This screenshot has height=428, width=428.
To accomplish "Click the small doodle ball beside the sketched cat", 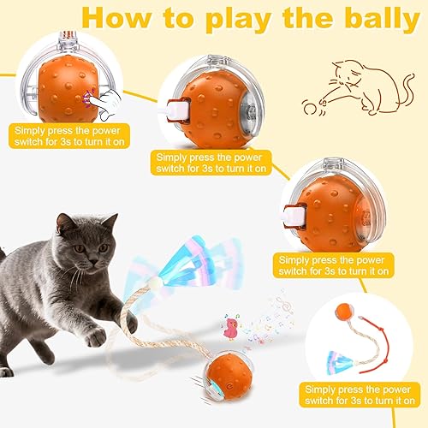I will (308, 109).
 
